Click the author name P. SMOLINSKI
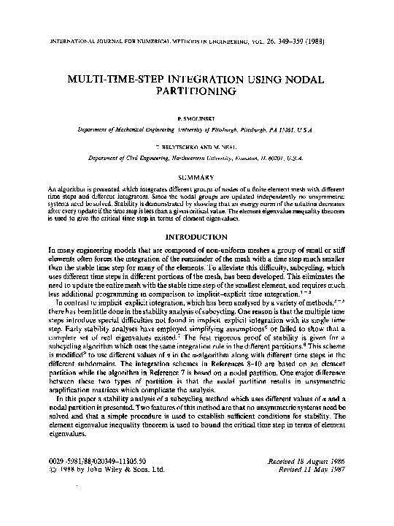(x=196, y=117)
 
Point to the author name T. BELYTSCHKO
(x=179, y=146)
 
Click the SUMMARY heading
(x=196, y=178)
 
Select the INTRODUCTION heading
(x=196, y=237)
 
